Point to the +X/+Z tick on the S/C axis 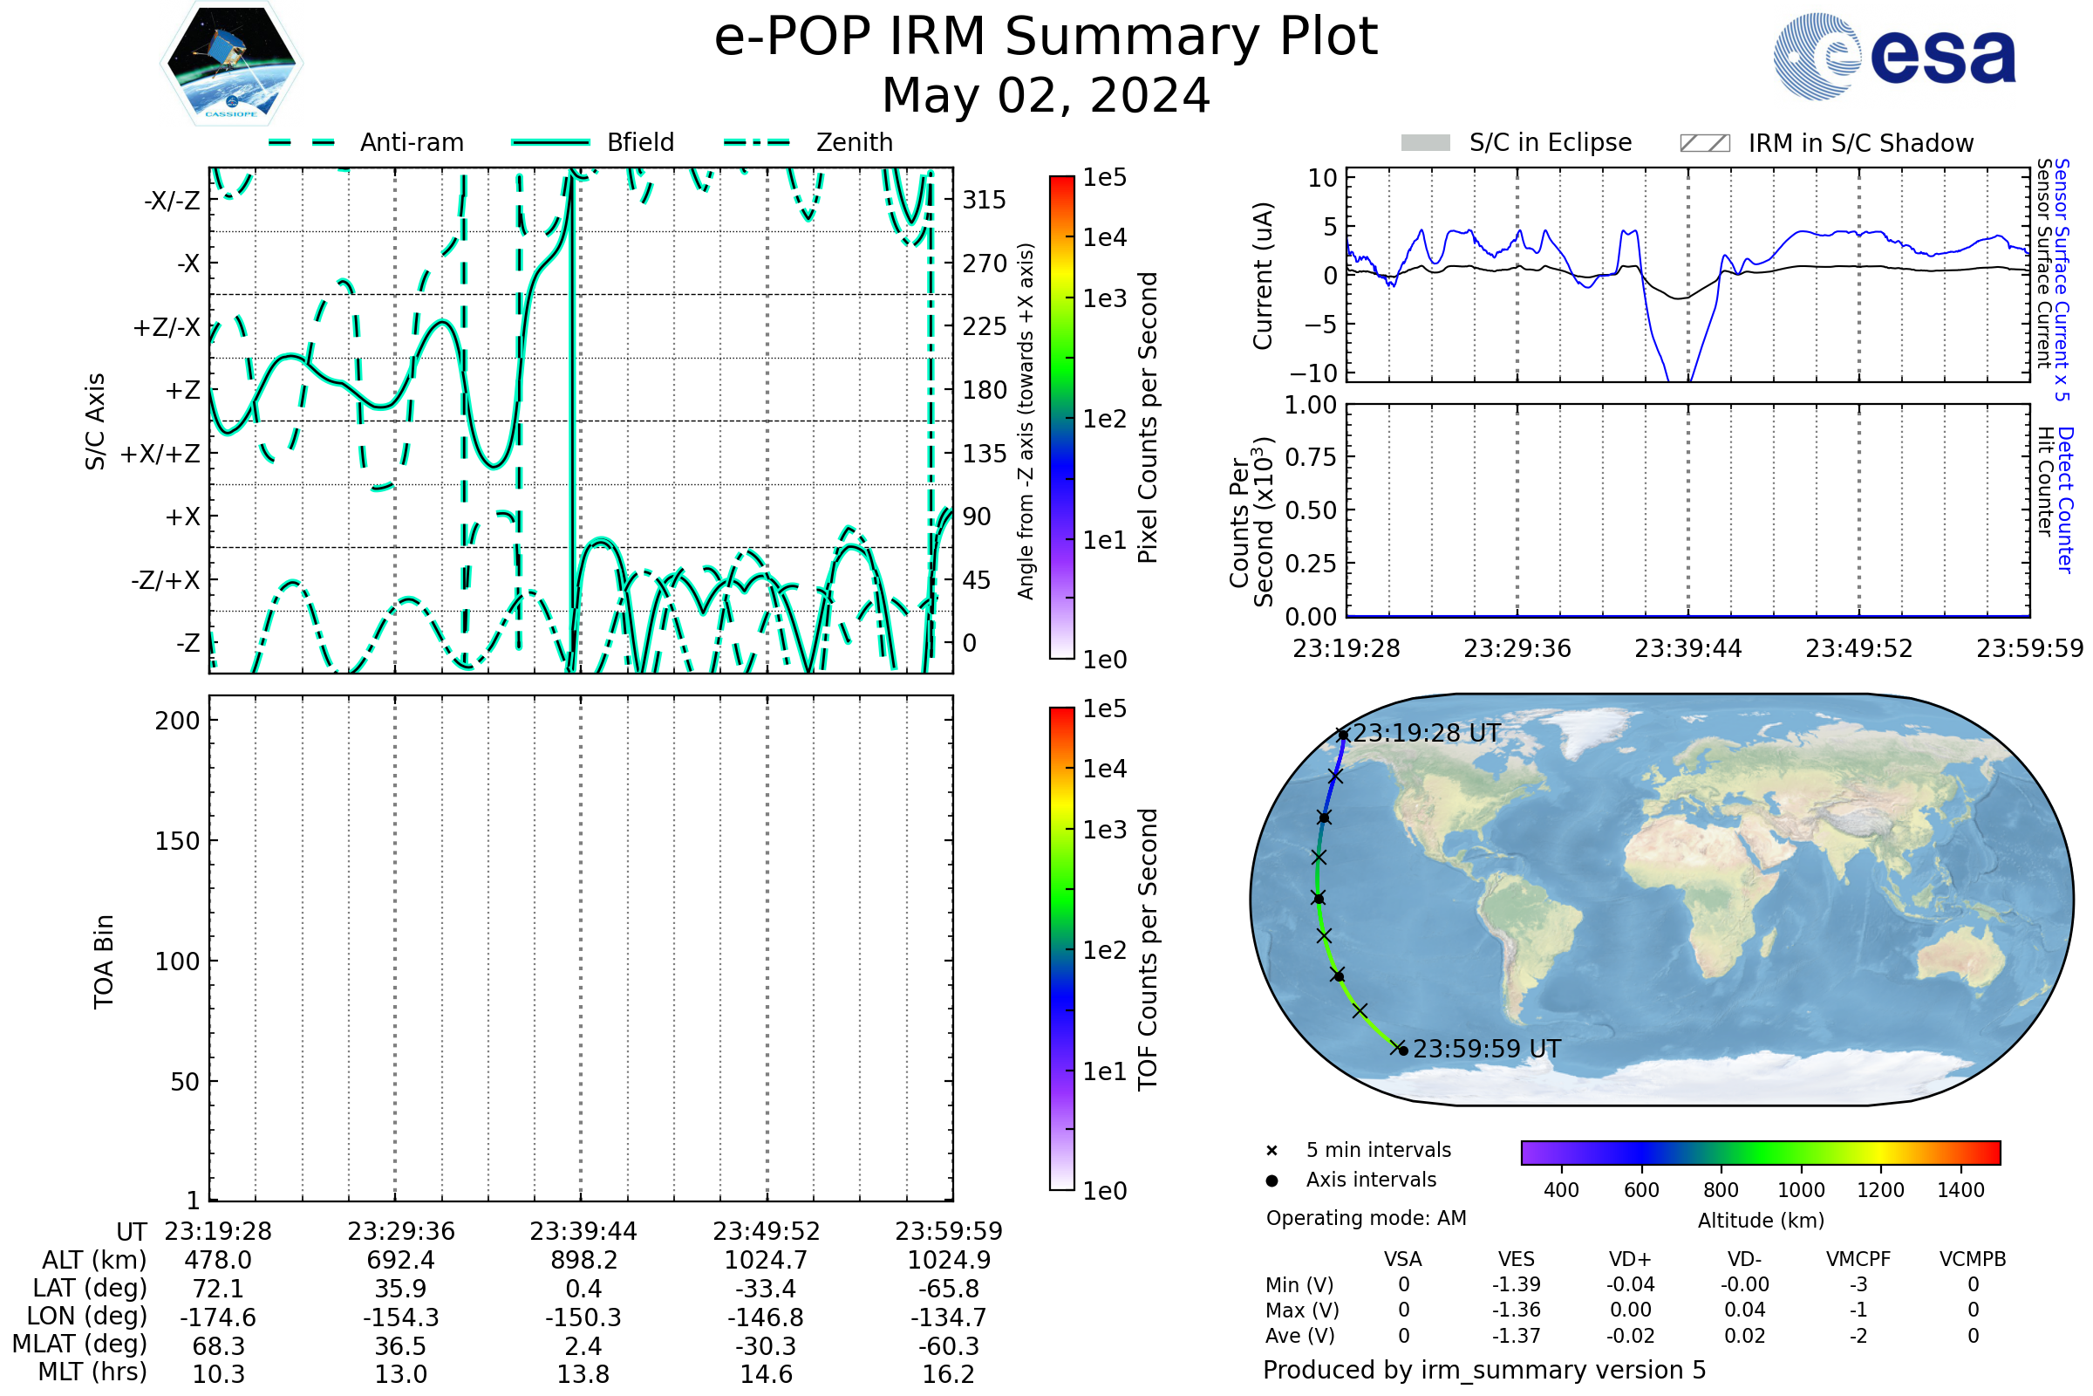pos(160,454)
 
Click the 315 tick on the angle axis pos(985,200)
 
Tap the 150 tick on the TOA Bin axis pos(177,841)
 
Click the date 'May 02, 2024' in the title pos(1046,95)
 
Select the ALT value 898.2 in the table pos(583,1260)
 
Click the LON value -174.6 pos(218,1317)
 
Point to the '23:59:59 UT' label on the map pos(1486,1049)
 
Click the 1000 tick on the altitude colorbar pos(1801,1190)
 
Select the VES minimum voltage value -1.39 pos(1517,1284)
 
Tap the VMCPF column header pos(1858,1259)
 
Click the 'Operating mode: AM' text pos(1366,1218)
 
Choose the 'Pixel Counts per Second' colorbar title pos(1148,418)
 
